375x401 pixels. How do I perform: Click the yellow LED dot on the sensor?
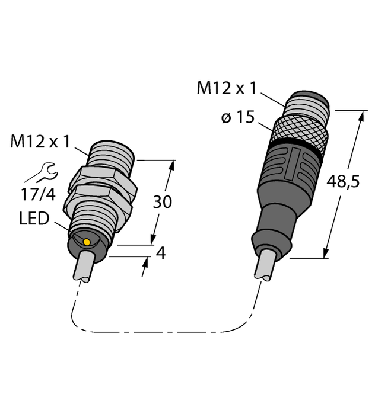coord(87,242)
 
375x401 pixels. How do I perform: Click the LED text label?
coord(35,219)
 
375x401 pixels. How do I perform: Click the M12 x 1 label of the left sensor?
coord(41,142)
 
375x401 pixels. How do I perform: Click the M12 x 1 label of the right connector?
coord(227,89)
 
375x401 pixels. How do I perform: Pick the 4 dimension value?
coord(160,253)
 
